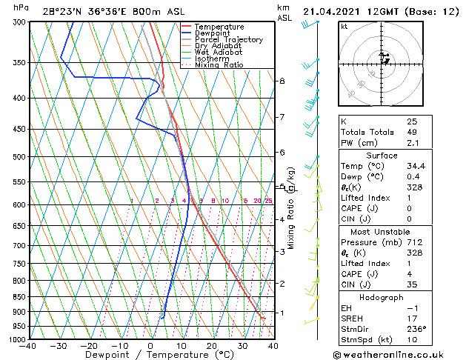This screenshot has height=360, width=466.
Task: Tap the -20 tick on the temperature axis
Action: (x=89, y=346)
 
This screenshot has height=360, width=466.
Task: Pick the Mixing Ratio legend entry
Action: (x=219, y=65)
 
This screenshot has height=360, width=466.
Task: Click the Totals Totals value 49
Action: (x=412, y=132)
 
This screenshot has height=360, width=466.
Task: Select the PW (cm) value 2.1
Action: (x=412, y=143)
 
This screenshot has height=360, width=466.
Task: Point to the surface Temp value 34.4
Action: (x=416, y=166)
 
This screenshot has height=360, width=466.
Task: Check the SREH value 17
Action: (x=412, y=318)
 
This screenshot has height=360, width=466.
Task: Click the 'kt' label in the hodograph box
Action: (x=344, y=27)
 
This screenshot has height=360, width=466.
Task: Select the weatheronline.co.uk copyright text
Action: (x=397, y=353)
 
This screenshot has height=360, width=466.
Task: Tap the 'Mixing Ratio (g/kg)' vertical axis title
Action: (x=292, y=208)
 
